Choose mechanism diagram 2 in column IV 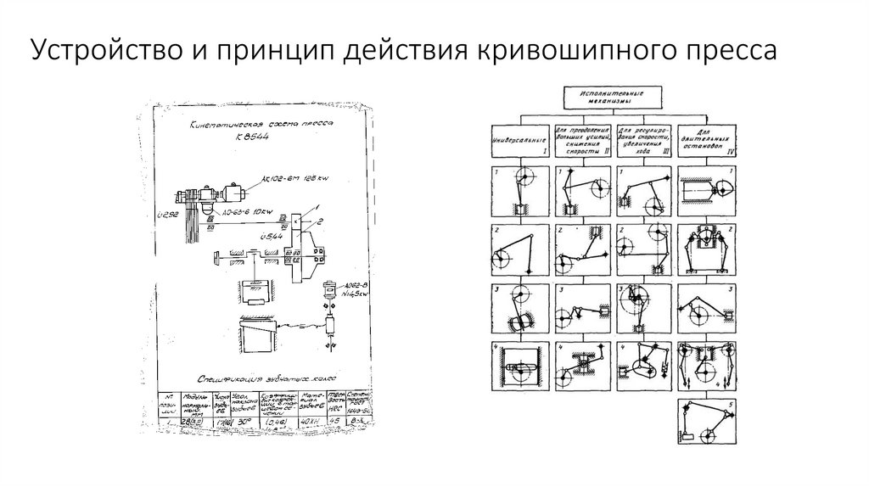pos(707,250)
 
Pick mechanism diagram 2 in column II pos(582,250)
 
